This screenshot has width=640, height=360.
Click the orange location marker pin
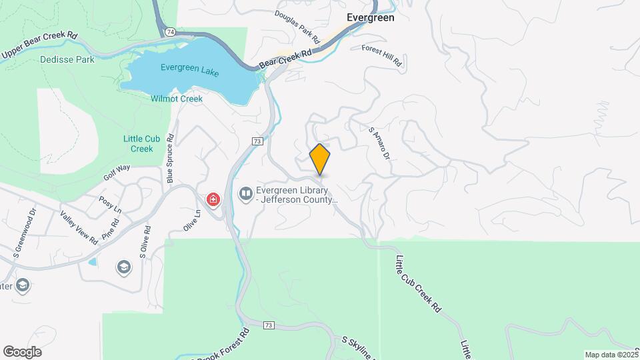(320, 159)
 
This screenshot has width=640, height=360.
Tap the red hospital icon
(213, 199)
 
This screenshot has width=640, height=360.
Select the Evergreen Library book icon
(245, 194)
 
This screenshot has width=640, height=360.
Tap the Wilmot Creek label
(177, 99)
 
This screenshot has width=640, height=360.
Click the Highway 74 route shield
(171, 31)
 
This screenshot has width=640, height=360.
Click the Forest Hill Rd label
(383, 55)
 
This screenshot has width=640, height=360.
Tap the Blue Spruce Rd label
(171, 159)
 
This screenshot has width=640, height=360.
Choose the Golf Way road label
(117, 173)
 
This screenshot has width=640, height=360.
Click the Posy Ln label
(111, 205)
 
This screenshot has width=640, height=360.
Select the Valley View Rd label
(79, 227)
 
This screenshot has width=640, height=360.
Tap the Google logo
(22, 352)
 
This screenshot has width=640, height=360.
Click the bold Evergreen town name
(371, 18)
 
